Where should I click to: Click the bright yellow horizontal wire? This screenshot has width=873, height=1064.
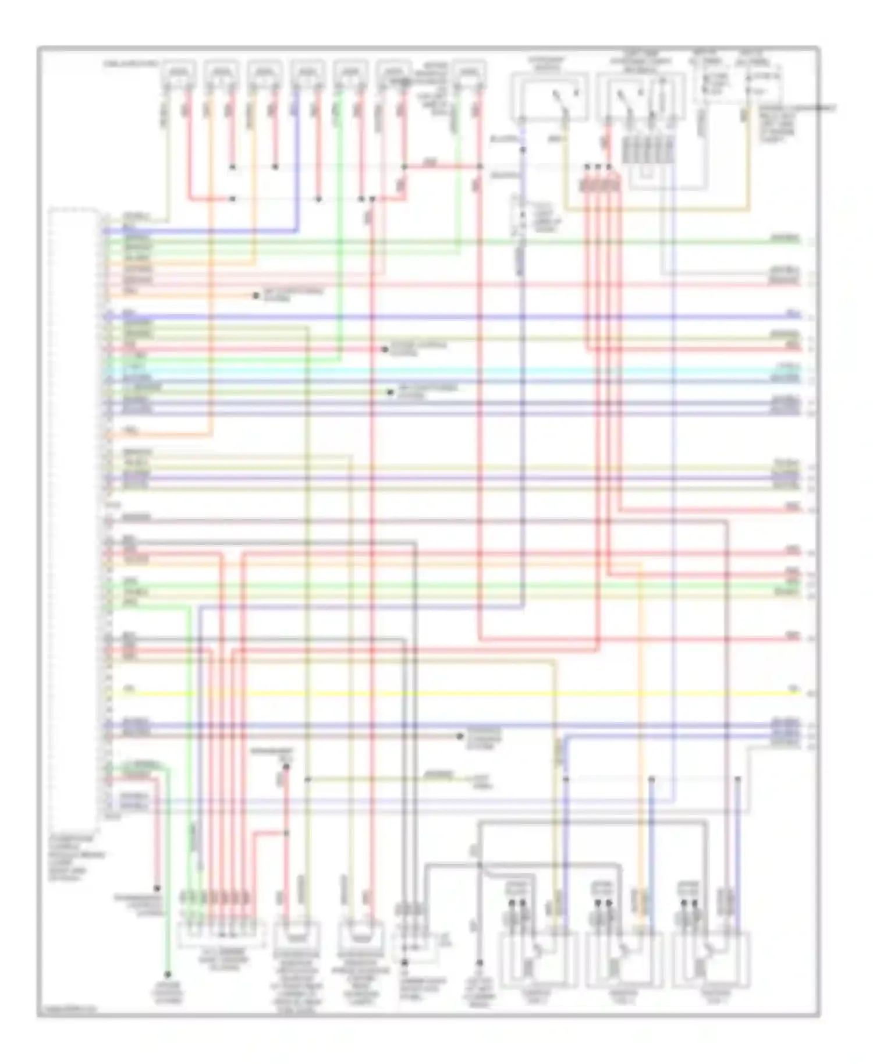(454, 693)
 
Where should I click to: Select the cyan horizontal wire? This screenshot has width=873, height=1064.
(454, 371)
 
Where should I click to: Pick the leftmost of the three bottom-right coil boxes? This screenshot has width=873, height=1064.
(538, 959)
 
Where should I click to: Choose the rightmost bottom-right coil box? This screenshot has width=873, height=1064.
(711, 959)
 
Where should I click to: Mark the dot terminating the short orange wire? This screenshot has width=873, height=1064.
(256, 296)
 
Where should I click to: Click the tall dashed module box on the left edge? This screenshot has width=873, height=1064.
(74, 512)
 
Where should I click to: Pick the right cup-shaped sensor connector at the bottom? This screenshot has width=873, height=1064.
(362, 935)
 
